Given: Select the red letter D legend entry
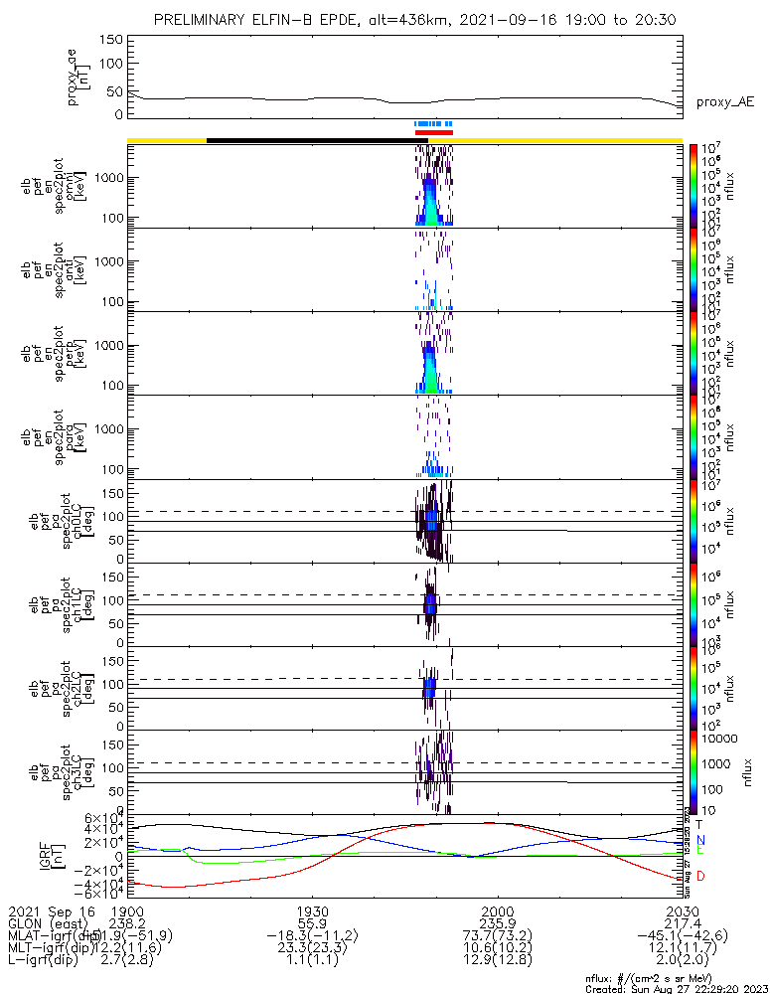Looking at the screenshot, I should click(699, 876).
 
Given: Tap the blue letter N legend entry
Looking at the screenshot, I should click(699, 840).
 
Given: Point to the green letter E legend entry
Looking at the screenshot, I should click(699, 852).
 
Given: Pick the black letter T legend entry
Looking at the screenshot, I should click(699, 824).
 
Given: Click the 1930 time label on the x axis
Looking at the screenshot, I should click(312, 911).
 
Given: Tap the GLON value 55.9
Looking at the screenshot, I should click(312, 923).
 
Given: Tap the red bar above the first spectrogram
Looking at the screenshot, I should click(433, 132).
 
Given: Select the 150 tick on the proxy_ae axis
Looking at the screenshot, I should click(111, 40).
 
